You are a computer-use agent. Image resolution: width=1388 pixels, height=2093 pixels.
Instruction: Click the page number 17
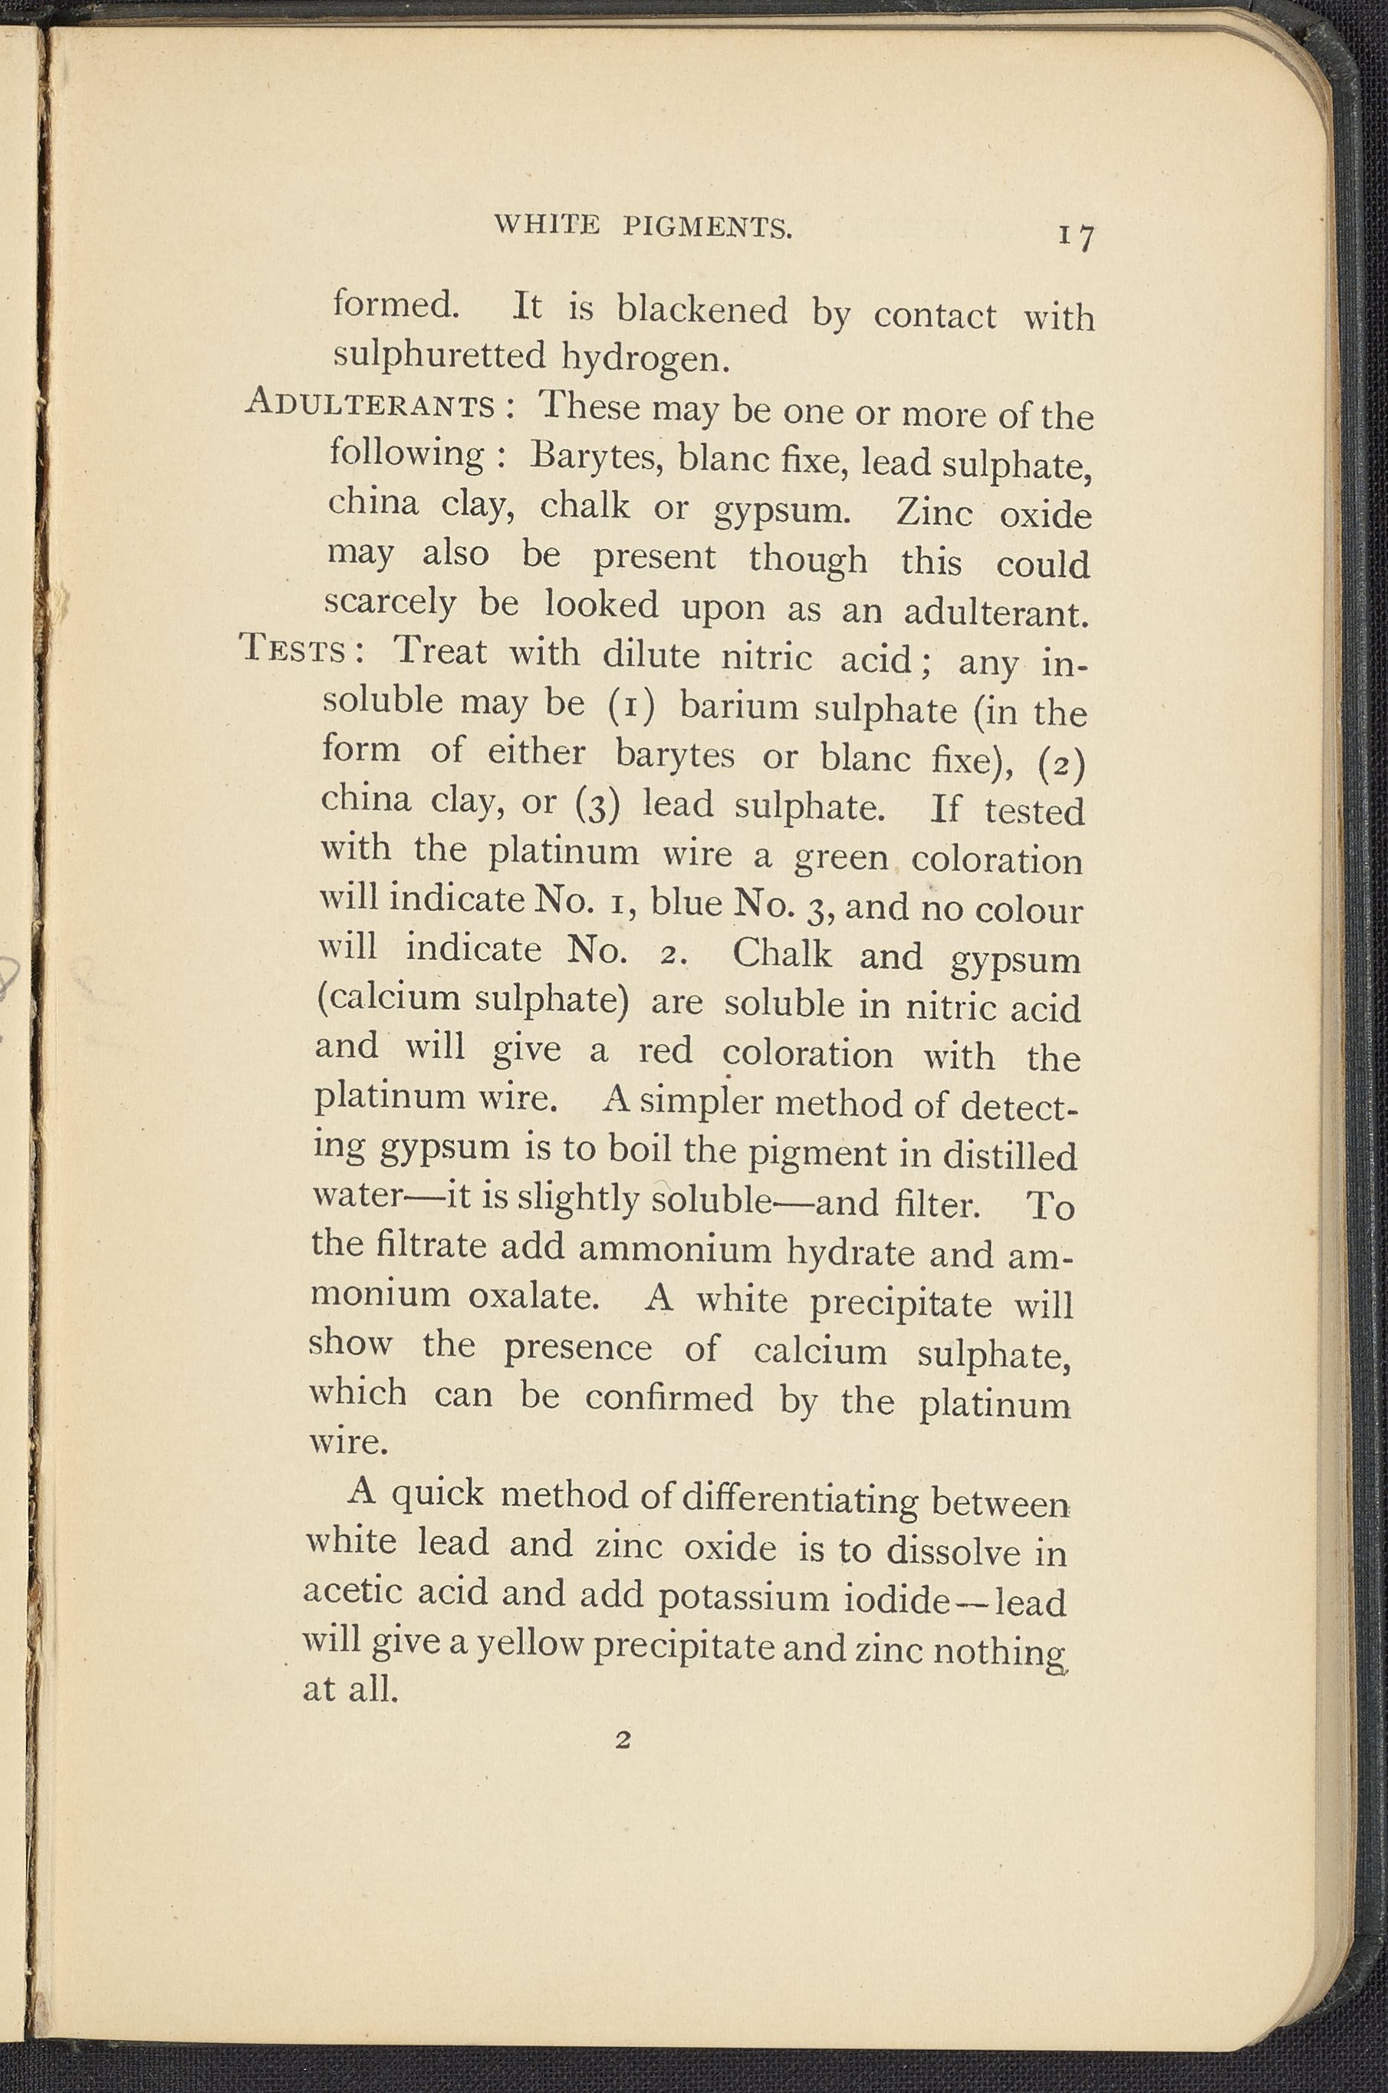point(1074,236)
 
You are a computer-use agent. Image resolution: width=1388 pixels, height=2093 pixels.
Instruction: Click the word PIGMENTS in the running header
point(706,228)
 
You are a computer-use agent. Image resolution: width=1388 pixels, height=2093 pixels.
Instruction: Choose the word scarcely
point(390,603)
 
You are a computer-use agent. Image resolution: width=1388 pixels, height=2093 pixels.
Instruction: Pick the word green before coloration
point(841,856)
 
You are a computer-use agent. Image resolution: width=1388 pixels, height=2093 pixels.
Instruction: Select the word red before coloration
point(665,1051)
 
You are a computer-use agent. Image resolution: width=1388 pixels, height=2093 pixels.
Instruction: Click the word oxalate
point(534,1296)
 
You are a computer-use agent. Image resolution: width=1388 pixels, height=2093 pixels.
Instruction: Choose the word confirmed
point(669,1397)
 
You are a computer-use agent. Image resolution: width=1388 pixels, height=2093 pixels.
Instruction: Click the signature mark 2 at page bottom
point(621,1741)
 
